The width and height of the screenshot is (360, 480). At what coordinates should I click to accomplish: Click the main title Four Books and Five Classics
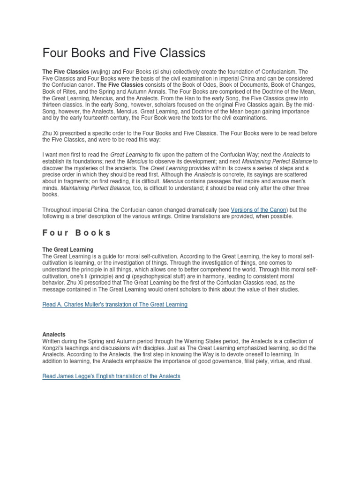pos(124,53)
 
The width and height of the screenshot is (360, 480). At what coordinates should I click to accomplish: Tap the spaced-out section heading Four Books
pos(76,232)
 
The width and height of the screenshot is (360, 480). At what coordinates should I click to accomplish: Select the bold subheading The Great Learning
pos(68,249)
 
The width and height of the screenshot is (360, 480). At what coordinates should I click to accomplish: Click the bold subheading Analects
pos(54,334)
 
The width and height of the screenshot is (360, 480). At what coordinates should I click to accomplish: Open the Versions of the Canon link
pos(259,210)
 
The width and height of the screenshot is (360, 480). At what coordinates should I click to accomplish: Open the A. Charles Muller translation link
pos(115,304)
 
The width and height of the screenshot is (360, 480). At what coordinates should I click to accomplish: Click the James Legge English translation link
pos(111,376)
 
